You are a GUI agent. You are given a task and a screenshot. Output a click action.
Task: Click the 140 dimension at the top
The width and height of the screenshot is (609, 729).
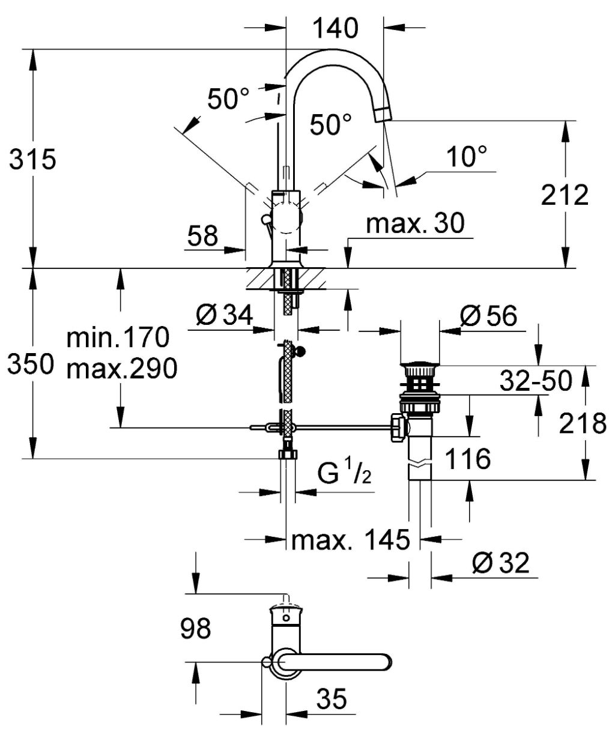pos(335,28)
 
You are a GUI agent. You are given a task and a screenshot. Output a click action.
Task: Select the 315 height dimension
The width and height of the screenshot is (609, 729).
pos(32,159)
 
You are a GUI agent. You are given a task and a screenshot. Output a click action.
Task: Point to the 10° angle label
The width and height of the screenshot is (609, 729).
pos(467,156)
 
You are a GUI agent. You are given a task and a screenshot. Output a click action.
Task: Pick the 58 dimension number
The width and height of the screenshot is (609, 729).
pos(202,235)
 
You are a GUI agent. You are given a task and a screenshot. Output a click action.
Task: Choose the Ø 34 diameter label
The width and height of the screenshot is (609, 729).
pos(224,315)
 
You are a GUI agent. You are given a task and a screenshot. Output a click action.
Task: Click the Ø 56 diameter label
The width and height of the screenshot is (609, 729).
pos(488,316)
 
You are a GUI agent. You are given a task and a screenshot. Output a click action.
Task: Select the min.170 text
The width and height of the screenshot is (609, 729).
pos(118,337)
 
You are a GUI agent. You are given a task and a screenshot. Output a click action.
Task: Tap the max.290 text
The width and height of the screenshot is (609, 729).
pos(122,369)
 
